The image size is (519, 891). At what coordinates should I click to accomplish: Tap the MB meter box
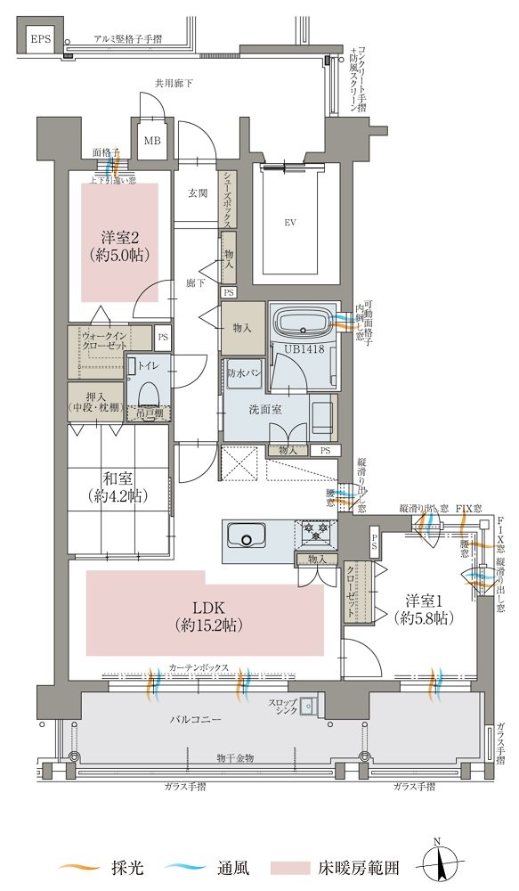click(152, 141)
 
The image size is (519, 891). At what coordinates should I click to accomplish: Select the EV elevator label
click(290, 222)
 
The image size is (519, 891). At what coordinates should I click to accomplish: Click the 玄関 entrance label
click(197, 192)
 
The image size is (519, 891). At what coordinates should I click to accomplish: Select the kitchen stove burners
click(316, 531)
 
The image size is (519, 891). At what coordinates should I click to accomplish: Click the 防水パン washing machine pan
click(244, 373)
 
